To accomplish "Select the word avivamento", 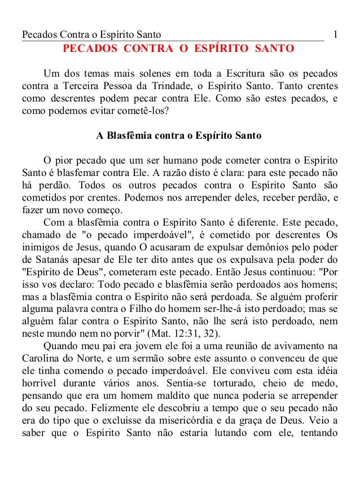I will point(308,345).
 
